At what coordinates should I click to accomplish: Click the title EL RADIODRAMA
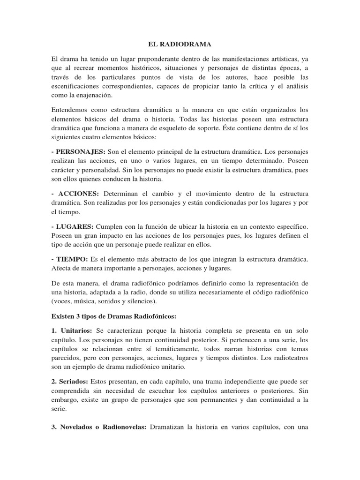(x=180, y=45)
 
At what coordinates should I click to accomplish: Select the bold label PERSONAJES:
(x=81, y=151)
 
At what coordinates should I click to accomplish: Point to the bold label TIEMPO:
(x=73, y=259)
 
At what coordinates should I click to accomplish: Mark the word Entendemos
(x=70, y=110)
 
